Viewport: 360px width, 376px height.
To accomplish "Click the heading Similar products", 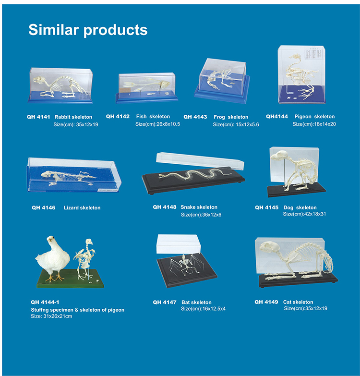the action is [x=88, y=30].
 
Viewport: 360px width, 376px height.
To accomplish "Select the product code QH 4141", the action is [x=38, y=117].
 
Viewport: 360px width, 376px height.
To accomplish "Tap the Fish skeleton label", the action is [x=153, y=117].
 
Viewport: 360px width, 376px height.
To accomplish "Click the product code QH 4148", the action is [x=165, y=207].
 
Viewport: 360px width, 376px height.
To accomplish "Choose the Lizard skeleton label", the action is [x=82, y=207].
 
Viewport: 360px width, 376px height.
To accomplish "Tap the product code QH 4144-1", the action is [x=45, y=302].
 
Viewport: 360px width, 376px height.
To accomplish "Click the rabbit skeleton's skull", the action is [x=38, y=79].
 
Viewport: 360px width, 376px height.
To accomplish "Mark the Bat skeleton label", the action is [x=196, y=302].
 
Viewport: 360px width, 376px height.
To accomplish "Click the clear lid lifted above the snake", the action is [x=200, y=160].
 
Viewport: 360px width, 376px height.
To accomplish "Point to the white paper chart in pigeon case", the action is [x=313, y=53].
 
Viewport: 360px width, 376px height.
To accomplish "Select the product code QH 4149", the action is [x=266, y=302].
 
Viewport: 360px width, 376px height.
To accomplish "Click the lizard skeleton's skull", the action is [x=47, y=174].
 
